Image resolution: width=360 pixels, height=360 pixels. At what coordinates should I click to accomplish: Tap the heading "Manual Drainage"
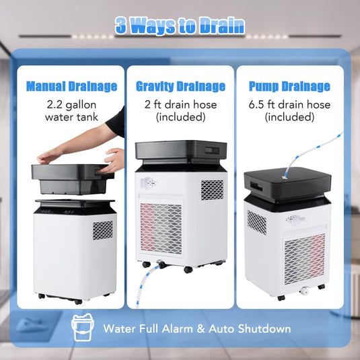pos(71,87)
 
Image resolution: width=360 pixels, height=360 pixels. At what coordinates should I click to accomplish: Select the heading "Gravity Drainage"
pos(180,87)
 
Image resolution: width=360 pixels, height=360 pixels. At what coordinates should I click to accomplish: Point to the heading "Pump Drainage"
pos(289,87)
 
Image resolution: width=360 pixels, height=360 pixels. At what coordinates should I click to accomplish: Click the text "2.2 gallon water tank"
pos(71,111)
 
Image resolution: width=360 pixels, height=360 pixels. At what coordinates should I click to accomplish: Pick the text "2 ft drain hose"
pos(180,105)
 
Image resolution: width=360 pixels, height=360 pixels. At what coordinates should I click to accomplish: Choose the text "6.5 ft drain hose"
pos(289,105)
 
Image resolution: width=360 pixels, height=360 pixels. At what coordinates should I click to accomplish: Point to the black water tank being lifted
pos(71,178)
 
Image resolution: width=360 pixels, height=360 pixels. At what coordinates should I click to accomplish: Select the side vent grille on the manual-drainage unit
pos(102,230)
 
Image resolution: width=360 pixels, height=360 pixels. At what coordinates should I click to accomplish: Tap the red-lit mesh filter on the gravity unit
pos(161,229)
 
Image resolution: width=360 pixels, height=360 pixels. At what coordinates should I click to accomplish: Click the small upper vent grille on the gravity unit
pos(212,189)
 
